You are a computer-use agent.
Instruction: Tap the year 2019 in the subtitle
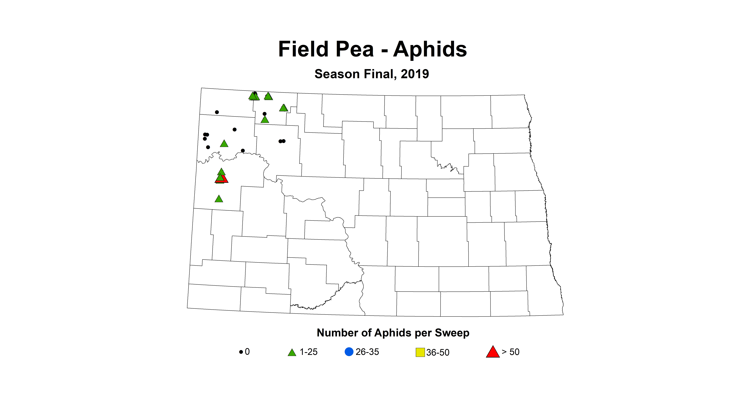point(415,74)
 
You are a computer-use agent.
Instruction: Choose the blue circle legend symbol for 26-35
point(349,352)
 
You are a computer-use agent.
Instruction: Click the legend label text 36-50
point(438,352)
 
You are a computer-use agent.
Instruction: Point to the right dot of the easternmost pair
point(284,141)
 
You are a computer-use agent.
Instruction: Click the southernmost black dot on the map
point(243,151)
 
